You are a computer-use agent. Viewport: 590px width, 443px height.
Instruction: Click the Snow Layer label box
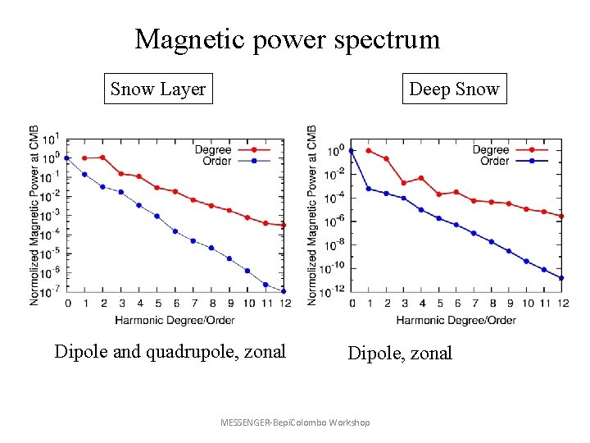click(158, 89)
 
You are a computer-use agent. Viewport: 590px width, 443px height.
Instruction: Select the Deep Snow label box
click(454, 89)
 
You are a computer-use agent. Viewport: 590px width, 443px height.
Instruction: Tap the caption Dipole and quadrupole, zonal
click(170, 352)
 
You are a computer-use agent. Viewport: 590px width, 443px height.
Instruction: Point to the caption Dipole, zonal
click(400, 354)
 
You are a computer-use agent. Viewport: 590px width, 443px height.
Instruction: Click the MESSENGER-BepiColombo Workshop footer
click(295, 422)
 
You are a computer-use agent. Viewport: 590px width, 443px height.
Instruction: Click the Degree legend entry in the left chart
click(213, 150)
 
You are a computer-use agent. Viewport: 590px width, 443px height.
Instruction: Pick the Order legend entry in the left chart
click(216, 161)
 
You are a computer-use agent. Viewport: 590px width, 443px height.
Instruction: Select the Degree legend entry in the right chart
click(491, 150)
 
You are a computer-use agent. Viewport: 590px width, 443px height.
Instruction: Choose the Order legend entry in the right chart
click(494, 161)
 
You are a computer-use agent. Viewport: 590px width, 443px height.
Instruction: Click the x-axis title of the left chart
click(175, 319)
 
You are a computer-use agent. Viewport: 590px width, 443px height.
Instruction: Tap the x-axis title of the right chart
click(456, 319)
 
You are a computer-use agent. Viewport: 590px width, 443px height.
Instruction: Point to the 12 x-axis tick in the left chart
click(284, 304)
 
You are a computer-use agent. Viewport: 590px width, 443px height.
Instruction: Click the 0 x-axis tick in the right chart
click(352, 304)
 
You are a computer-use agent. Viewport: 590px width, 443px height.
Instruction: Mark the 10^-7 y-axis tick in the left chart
click(51, 290)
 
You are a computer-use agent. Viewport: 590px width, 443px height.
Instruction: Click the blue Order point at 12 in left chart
click(284, 291)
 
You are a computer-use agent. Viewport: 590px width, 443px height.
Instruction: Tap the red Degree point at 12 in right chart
click(561, 216)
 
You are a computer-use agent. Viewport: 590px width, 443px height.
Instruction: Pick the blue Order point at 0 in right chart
click(352, 151)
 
